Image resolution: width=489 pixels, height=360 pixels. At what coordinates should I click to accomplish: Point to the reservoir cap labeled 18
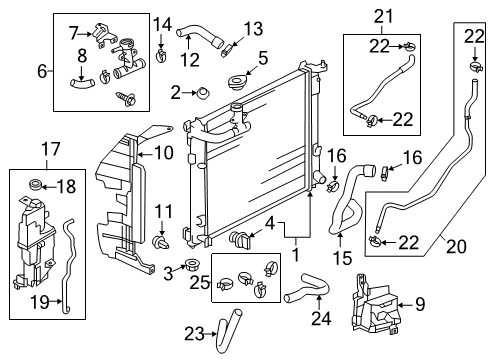pyautogui.click(x=36, y=185)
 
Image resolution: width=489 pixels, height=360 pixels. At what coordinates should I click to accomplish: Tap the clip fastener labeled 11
pyautogui.click(x=161, y=242)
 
